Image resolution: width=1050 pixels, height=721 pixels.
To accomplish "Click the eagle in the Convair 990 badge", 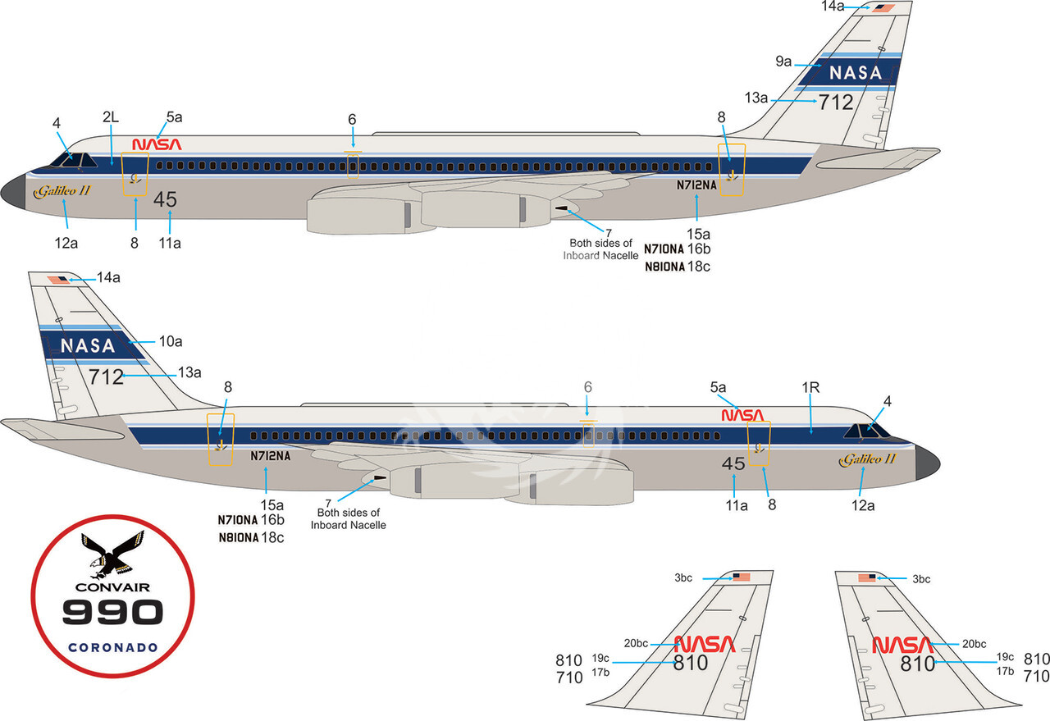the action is [x=112, y=556].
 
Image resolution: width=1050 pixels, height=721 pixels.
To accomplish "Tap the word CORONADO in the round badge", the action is [x=113, y=648].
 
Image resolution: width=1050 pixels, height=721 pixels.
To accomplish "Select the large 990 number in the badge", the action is [x=112, y=612].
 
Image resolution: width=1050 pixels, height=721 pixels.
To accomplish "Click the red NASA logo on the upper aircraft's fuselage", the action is [x=157, y=144].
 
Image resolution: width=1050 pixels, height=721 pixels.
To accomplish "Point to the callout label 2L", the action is [x=111, y=117].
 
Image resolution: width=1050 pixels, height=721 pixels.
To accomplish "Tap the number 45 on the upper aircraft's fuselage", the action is [x=165, y=199].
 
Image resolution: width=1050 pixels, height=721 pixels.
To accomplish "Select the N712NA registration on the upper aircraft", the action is [x=696, y=185].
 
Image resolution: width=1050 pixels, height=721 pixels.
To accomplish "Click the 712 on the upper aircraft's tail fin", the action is [x=836, y=103].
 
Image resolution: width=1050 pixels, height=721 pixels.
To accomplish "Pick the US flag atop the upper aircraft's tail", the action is [x=883, y=8].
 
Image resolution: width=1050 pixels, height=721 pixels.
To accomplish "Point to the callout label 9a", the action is [x=783, y=62].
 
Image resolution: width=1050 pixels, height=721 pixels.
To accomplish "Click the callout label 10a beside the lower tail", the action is [x=171, y=341].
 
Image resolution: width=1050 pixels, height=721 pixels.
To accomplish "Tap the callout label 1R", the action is [x=810, y=388].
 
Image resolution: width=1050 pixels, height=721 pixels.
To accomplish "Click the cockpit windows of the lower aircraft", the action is [x=866, y=431].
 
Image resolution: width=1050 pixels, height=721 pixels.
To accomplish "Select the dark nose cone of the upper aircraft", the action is [x=13, y=192].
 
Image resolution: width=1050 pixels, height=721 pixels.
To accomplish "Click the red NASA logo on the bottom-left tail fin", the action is [x=705, y=644].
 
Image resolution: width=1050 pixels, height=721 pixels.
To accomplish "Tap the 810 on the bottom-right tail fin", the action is [x=917, y=664].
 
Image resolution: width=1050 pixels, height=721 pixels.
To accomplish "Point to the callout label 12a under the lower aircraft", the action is [x=863, y=505].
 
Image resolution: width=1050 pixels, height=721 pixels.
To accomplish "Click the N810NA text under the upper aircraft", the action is [x=665, y=267].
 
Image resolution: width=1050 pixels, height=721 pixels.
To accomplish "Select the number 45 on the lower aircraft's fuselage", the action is [x=733, y=463].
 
